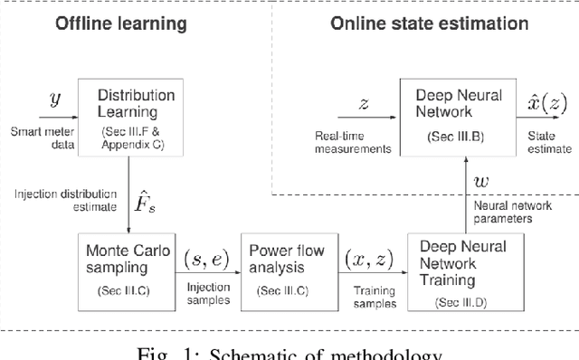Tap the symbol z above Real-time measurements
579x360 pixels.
click(x=364, y=105)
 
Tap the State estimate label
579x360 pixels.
click(x=548, y=143)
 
